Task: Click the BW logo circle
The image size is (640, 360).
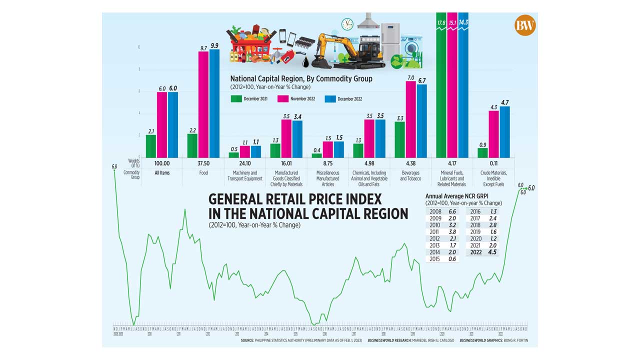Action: (525, 25)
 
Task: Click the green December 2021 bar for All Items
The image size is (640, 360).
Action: (151, 146)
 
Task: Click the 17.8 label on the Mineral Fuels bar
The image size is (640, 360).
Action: (441, 22)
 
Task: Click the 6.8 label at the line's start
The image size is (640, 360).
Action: (114, 166)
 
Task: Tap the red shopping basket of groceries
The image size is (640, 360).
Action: (250, 45)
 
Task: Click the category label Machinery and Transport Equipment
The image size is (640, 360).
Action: (244, 175)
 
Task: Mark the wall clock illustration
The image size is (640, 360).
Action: (347, 24)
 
